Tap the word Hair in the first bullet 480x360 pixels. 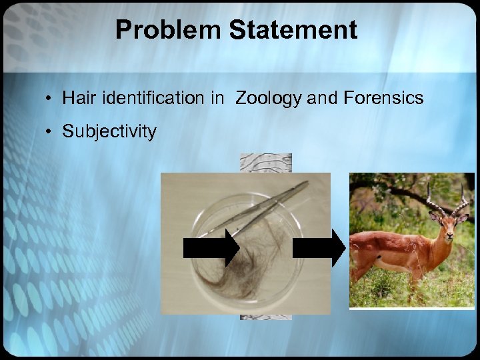tap(76, 99)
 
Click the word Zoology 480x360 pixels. tap(269, 99)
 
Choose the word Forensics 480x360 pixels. tap(383, 99)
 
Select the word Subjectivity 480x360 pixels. tap(109, 131)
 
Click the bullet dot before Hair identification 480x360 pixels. tap(50, 99)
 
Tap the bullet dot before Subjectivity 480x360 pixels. tap(50, 131)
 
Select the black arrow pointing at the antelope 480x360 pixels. tap(319, 248)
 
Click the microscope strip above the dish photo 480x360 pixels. tap(265, 163)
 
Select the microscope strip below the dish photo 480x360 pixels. tap(265, 317)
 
